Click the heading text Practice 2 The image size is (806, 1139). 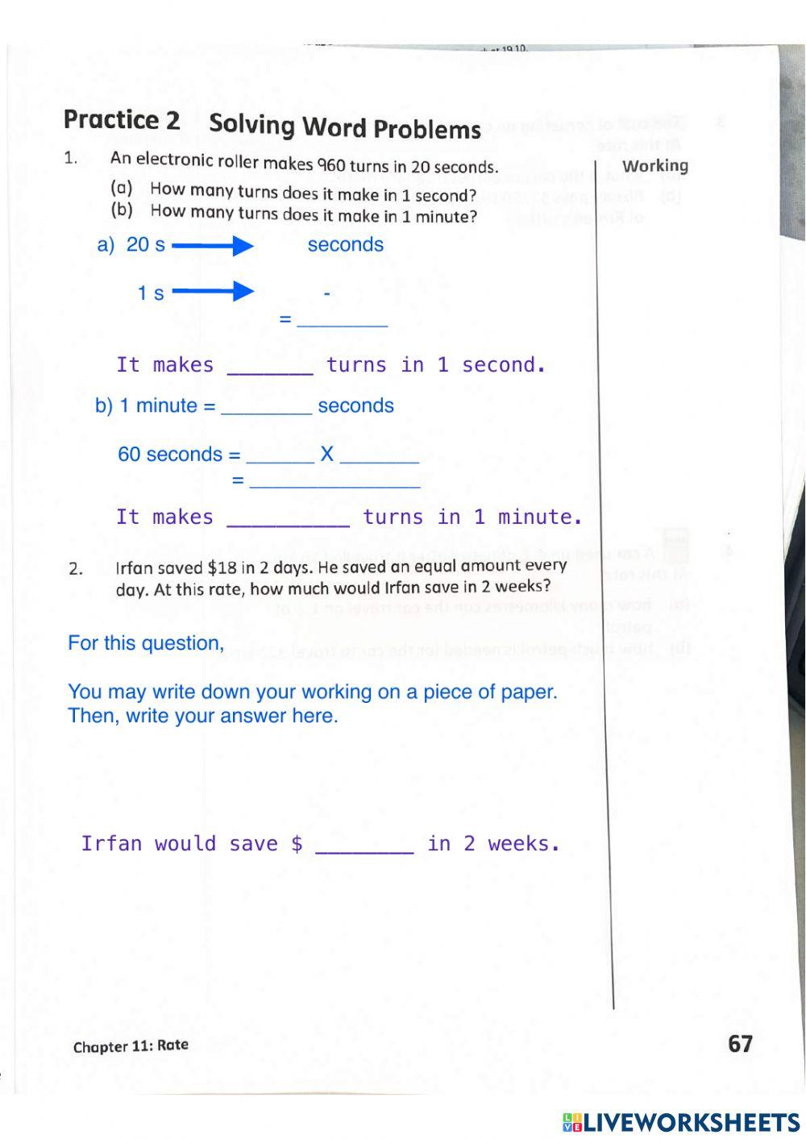pos(122,120)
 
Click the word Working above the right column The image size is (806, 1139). pos(655,166)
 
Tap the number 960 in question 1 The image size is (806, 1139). pos(331,165)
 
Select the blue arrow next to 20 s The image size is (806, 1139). pos(213,245)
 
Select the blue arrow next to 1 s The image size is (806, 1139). pos(213,291)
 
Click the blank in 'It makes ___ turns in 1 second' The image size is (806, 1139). pos(270,367)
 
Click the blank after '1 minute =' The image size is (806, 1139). pos(266,407)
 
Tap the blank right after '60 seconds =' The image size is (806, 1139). pos(280,456)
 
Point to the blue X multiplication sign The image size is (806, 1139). pos(326,454)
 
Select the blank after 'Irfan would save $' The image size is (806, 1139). pos(364,845)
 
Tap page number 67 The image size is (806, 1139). pos(740,1044)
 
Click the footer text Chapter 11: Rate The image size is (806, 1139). pos(131,1046)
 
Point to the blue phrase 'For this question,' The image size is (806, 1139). pos(146,643)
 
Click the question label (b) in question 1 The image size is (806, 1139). pos(122,210)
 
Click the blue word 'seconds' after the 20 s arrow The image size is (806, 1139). pos(345,245)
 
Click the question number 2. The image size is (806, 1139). pos(75,569)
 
